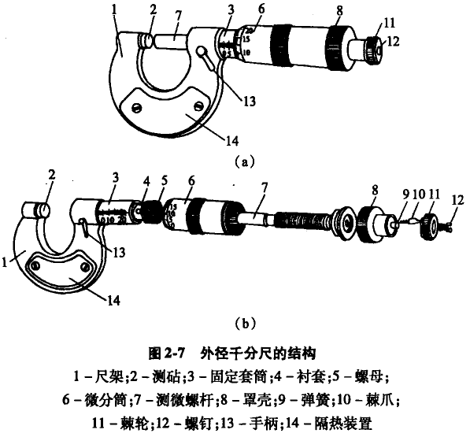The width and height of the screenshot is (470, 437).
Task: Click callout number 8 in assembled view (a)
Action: (x=339, y=13)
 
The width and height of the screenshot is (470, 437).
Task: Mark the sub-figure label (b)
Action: (x=244, y=323)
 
